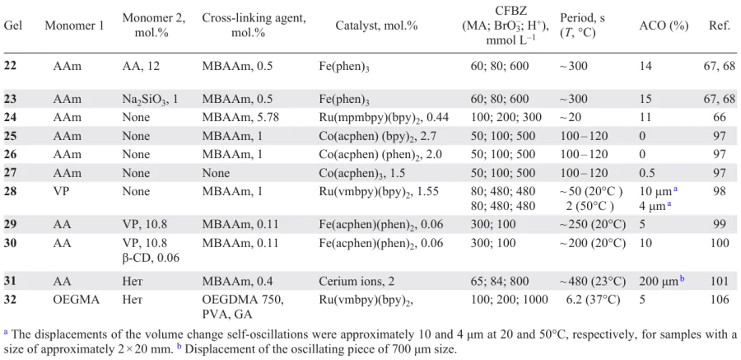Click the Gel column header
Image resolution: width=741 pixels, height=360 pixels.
[13, 26]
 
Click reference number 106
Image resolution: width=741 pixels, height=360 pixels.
[719, 300]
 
